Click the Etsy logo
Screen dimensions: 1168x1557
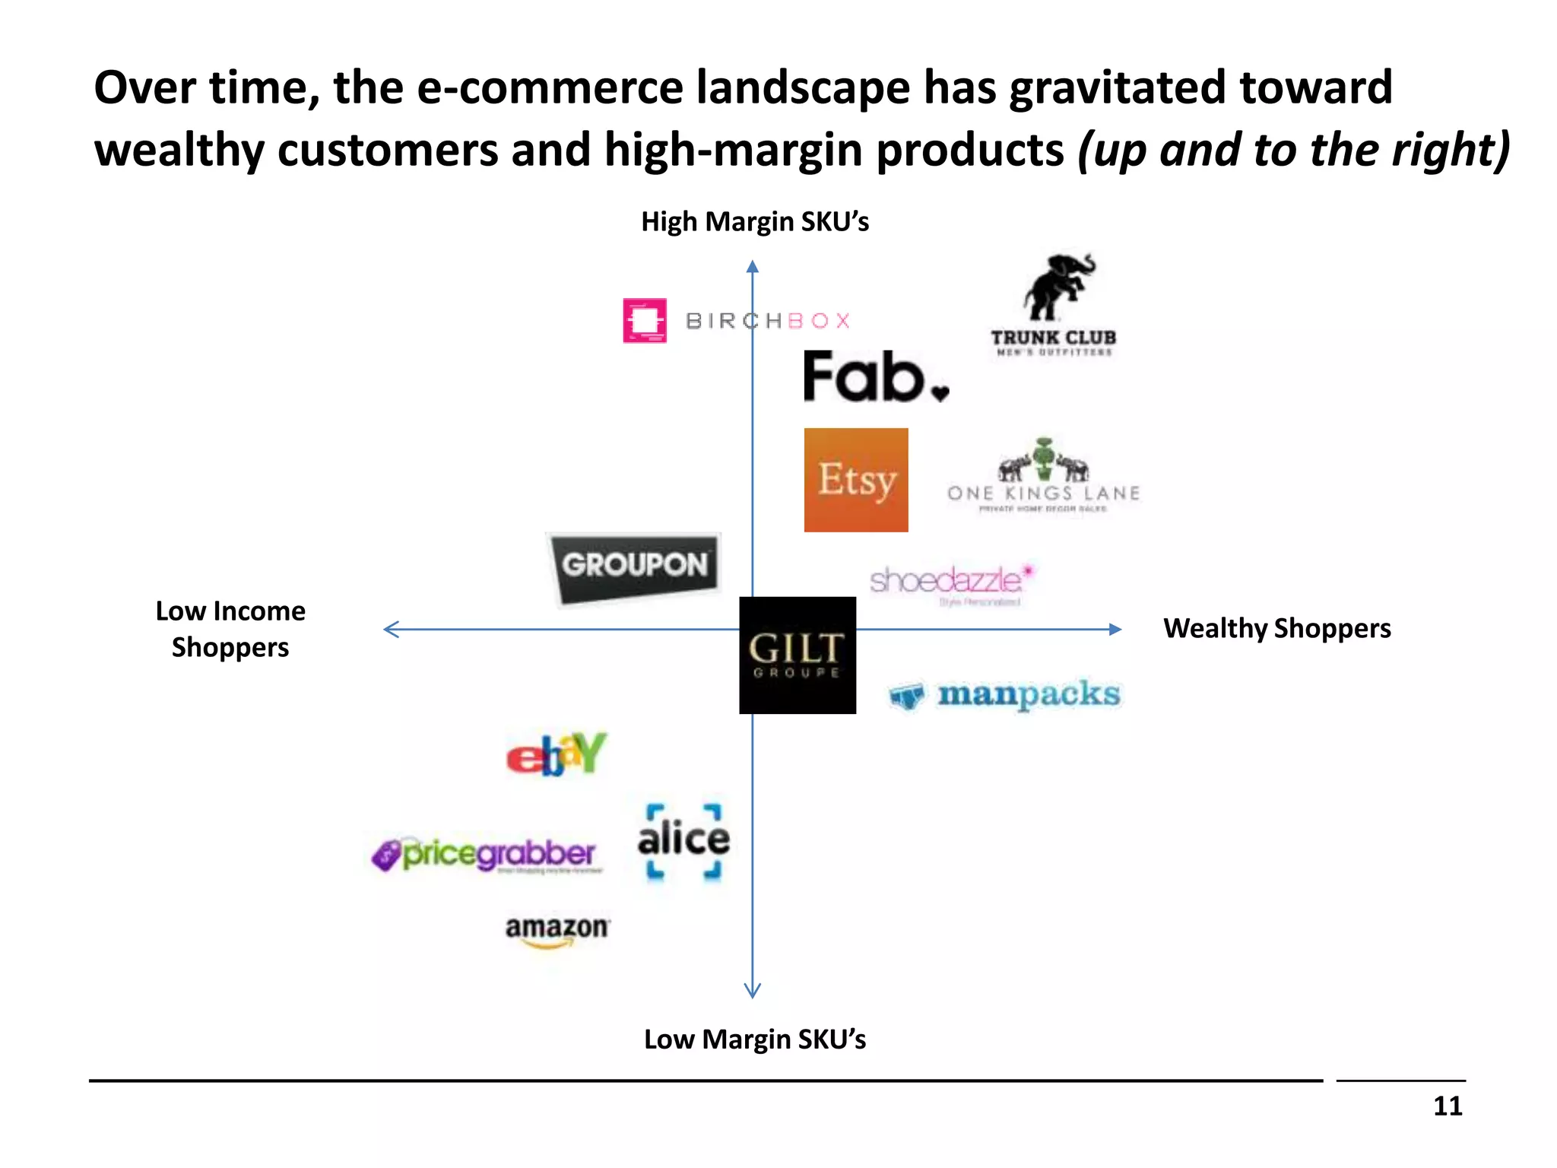[856, 480]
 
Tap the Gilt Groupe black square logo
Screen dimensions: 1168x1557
[798, 655]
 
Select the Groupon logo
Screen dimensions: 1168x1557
[634, 567]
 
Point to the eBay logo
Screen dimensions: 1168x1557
[557, 754]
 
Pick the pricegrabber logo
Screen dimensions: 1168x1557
[487, 855]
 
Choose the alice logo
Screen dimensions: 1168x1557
[683, 841]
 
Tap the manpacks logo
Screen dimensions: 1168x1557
[1005, 695]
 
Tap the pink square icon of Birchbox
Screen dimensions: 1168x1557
[645, 320]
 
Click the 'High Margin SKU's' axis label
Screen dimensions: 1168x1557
[755, 222]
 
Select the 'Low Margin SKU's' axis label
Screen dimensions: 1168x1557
[755, 1039]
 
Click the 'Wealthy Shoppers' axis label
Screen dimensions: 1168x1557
[1277, 629]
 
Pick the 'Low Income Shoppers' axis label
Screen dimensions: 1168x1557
[230, 629]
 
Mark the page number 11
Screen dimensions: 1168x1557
[1448, 1106]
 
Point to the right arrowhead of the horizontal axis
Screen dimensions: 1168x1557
[1115, 629]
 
